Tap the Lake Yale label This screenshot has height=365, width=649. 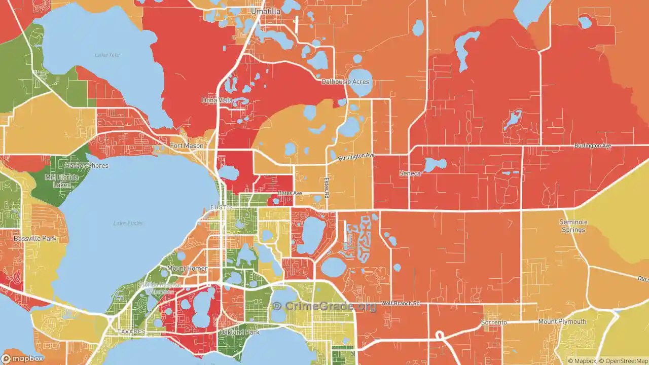tap(107, 55)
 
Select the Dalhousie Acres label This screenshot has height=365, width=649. tap(346, 82)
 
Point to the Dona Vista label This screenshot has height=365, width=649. tap(217, 100)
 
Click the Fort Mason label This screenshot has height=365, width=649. tap(187, 146)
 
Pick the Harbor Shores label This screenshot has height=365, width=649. tap(86, 166)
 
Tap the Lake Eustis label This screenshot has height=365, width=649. tap(128, 223)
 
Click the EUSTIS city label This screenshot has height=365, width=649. tap(221, 208)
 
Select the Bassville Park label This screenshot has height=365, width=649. tap(35, 238)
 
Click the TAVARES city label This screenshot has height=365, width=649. tap(131, 332)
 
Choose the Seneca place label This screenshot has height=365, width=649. tap(410, 173)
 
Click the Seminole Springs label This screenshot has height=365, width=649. tap(573, 226)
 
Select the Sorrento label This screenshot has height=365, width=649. tap(494, 322)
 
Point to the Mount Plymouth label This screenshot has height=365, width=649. tap(562, 321)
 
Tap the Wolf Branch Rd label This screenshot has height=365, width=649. tap(401, 303)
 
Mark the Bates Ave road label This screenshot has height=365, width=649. tap(290, 193)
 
